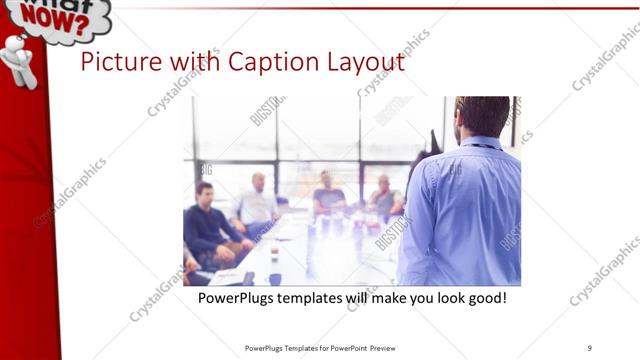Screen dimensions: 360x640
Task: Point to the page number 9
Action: (590, 348)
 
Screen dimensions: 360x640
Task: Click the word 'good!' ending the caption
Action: (485, 298)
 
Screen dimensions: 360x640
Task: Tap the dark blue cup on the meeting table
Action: (275, 278)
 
